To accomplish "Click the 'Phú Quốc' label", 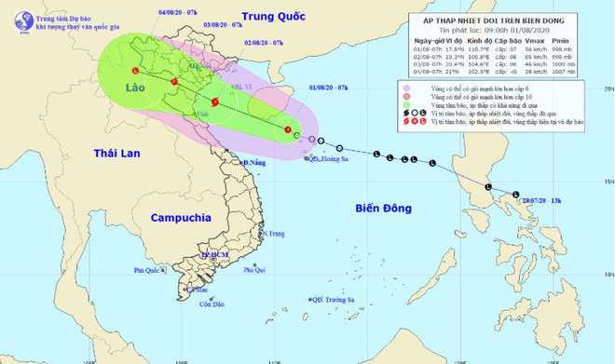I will point(147,271).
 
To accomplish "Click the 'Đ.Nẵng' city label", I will point(253,163).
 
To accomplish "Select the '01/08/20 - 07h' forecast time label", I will point(325,87).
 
